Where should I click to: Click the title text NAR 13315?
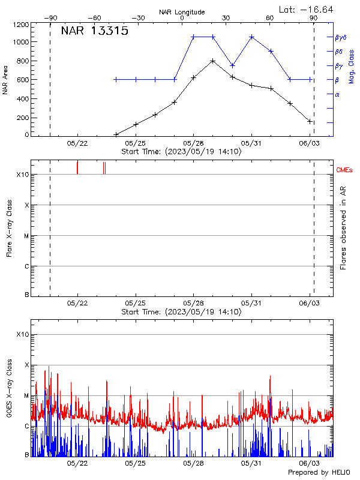tap(94, 32)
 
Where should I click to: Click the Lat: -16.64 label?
tap(307, 9)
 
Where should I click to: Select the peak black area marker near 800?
tap(212, 61)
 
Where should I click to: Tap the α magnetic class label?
tap(337, 94)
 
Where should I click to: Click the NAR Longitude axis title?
tap(182, 12)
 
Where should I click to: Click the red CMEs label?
tap(344, 171)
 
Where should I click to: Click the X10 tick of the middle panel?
tap(22, 175)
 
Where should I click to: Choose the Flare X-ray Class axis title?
tap(9, 228)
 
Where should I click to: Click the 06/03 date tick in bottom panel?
tap(310, 463)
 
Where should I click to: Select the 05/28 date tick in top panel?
tap(193, 143)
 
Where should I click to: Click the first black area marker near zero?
tap(116, 134)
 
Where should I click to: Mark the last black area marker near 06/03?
tap(310, 121)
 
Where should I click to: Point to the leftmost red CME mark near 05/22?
tap(77, 167)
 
